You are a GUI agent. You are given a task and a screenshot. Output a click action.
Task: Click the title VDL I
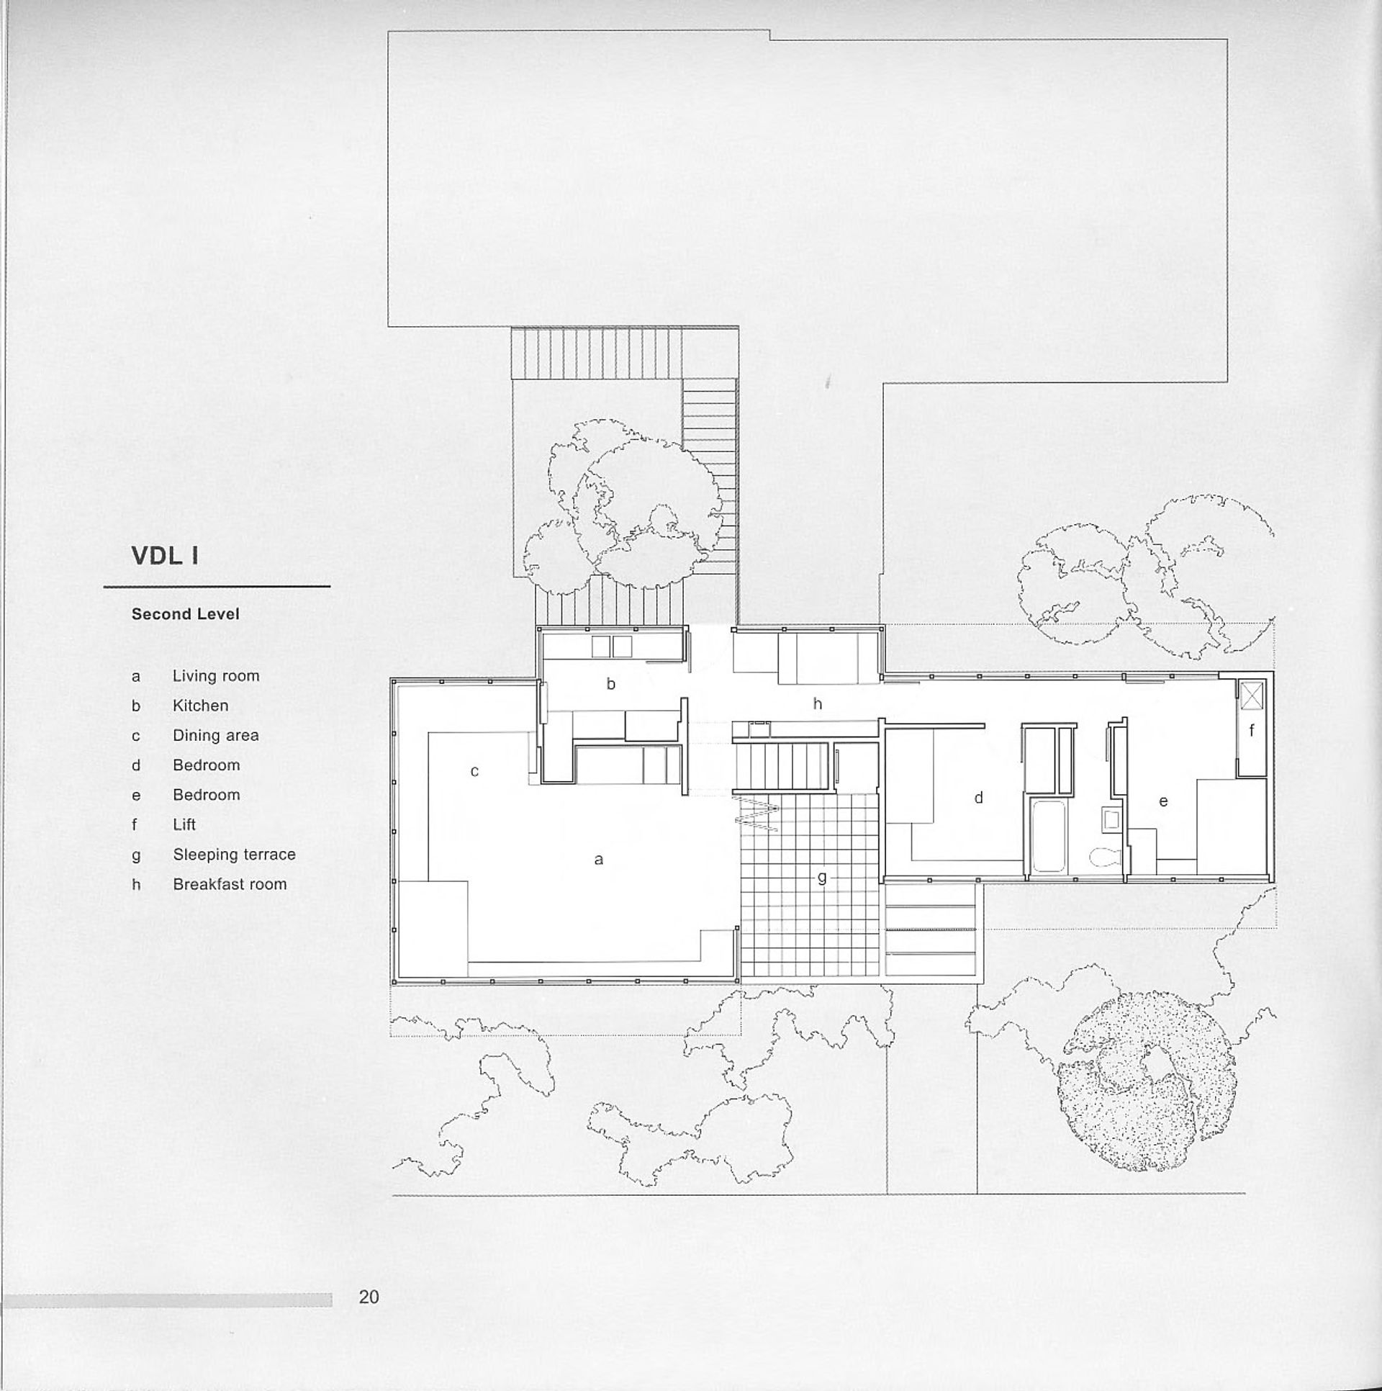point(165,557)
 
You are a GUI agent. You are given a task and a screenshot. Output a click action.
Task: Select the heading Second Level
point(185,614)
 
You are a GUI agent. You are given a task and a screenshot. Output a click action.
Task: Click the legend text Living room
point(216,676)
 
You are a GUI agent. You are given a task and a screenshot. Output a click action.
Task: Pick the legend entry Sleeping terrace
point(234,855)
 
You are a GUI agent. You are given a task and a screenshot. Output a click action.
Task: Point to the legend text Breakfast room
point(230,884)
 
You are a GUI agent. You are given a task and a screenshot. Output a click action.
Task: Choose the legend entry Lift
point(184,824)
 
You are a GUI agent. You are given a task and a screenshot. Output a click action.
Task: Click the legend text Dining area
point(215,735)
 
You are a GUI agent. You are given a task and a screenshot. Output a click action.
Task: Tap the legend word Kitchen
point(200,706)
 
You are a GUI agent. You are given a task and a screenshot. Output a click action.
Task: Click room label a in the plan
point(598,859)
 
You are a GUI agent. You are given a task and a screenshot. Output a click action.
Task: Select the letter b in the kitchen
point(610,684)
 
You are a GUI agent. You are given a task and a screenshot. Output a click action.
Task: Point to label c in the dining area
point(474,771)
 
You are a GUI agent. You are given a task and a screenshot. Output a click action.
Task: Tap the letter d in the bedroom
point(978,798)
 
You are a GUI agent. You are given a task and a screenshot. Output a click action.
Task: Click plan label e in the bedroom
point(1163,801)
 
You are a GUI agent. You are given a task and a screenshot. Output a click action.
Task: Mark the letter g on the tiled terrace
point(822,878)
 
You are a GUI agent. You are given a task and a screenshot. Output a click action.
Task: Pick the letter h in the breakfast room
point(817,704)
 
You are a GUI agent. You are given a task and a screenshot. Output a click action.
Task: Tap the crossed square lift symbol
point(1251,695)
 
